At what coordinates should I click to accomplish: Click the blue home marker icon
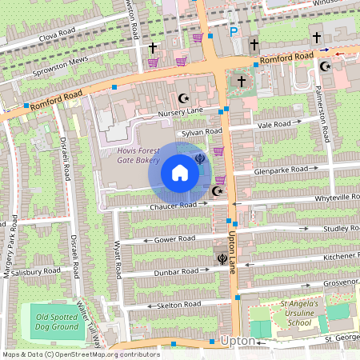[x=180, y=173]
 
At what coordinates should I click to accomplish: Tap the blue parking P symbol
[x=234, y=32]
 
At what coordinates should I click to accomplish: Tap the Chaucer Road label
[x=173, y=206]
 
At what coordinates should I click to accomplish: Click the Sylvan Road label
[x=202, y=131]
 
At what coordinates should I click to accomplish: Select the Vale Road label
[x=274, y=125]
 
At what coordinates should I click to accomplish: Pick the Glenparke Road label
[x=281, y=170]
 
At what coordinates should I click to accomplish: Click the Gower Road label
[x=175, y=238]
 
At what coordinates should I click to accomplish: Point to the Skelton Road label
[x=179, y=305]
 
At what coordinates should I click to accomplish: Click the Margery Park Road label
[x=11, y=243]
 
